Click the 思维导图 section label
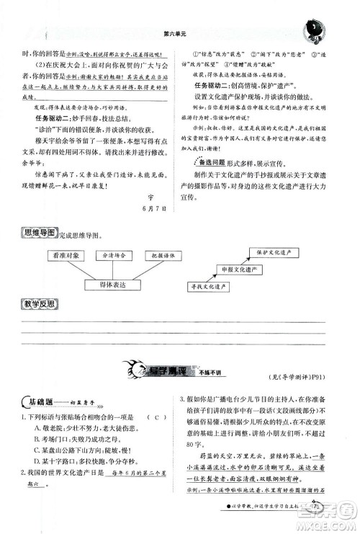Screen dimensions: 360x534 tap(44, 234)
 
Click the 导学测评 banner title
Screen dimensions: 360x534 tap(168, 372)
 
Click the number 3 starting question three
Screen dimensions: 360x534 tap(182, 400)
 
